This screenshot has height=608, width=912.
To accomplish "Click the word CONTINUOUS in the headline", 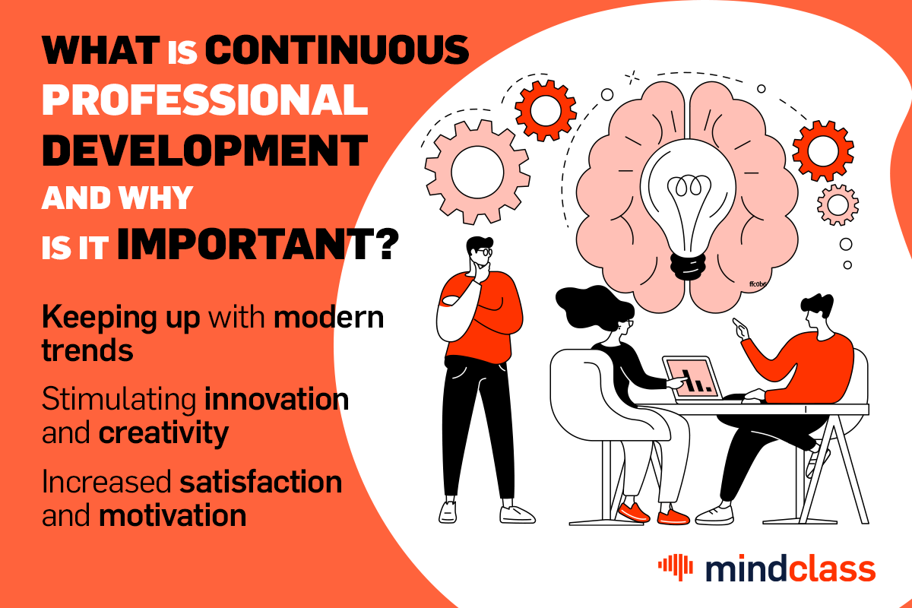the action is point(337,50).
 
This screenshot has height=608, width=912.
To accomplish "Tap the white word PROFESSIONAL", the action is point(204,100).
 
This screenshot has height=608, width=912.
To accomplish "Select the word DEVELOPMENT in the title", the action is point(204,150).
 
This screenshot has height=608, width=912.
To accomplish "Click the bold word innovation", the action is point(277,399).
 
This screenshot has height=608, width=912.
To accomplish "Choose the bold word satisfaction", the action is point(261,482).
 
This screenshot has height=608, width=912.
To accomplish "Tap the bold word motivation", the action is point(173,515).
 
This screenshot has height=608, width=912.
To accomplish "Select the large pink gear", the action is point(477,172).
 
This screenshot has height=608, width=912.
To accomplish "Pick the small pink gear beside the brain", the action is point(838,205).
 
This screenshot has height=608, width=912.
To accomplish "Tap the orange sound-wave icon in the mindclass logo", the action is point(675,567).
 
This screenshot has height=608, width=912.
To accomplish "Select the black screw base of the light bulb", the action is point(688,267).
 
